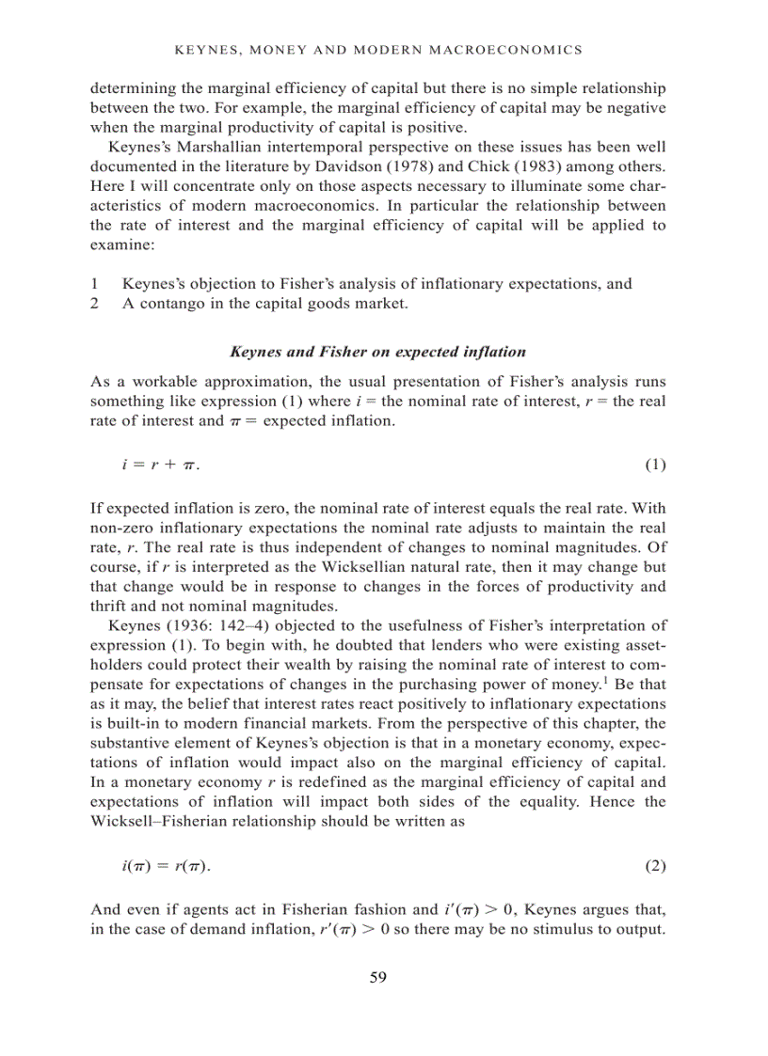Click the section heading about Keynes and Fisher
coord(377,352)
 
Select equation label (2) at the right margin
coord(655,866)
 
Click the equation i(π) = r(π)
coord(161,866)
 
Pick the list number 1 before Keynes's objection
coord(94,284)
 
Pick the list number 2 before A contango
coord(94,303)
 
